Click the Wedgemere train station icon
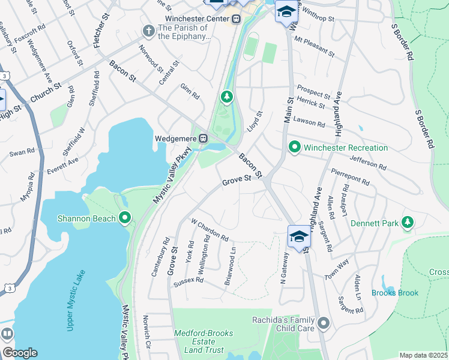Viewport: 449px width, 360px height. pos(203,139)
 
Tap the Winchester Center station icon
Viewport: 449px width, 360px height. pos(237,19)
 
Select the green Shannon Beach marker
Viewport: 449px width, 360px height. pos(125,218)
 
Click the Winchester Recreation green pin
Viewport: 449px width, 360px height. pos(294,147)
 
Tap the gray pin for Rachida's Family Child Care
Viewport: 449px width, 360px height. pos(324,324)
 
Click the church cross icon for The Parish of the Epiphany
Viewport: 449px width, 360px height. pos(148,30)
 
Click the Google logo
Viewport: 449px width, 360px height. pos(19,353)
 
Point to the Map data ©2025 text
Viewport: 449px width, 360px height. pos(423,355)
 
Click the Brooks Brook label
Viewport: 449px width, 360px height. pos(394,293)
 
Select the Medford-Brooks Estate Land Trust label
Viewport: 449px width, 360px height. pos(203,341)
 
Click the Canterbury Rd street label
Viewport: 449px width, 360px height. pos(165,256)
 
